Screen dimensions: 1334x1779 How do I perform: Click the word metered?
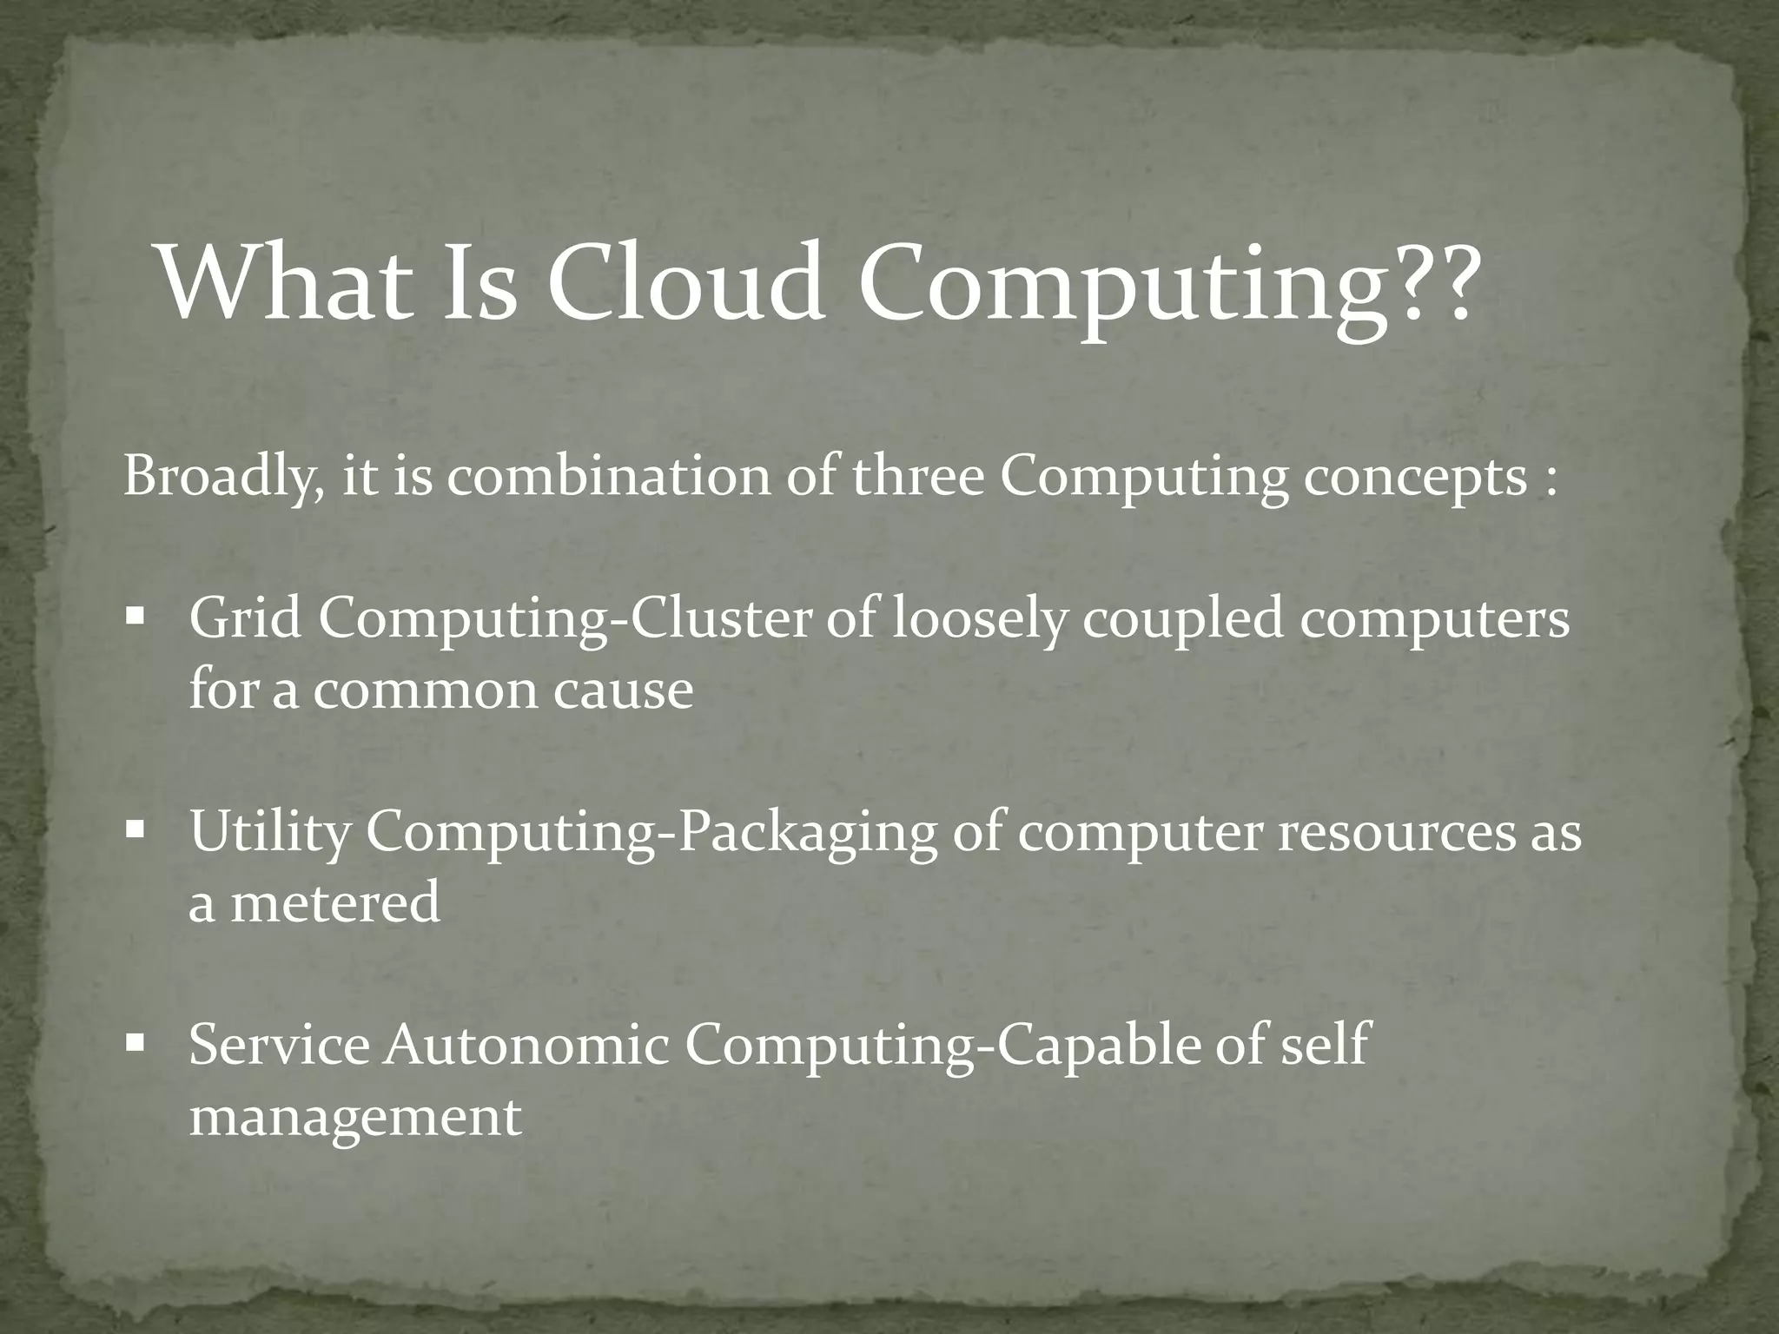334,903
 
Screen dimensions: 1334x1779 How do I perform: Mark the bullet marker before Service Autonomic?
135,1040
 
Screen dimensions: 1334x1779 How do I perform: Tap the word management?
355,1117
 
